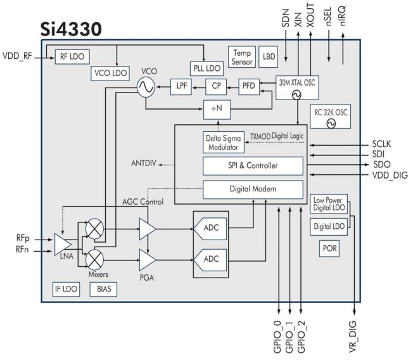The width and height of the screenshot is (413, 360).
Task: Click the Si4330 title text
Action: point(70,29)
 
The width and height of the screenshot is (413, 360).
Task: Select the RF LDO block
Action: point(72,55)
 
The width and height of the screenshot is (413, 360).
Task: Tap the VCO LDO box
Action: point(110,73)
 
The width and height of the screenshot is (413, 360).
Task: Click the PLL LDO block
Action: point(205,67)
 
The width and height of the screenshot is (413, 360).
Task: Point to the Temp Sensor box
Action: point(242,58)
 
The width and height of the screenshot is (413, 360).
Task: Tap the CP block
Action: point(216,86)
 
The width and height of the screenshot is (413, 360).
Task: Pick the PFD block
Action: point(248,86)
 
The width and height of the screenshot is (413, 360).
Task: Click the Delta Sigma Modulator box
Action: point(222,143)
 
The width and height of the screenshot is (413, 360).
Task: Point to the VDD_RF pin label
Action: point(18,55)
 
